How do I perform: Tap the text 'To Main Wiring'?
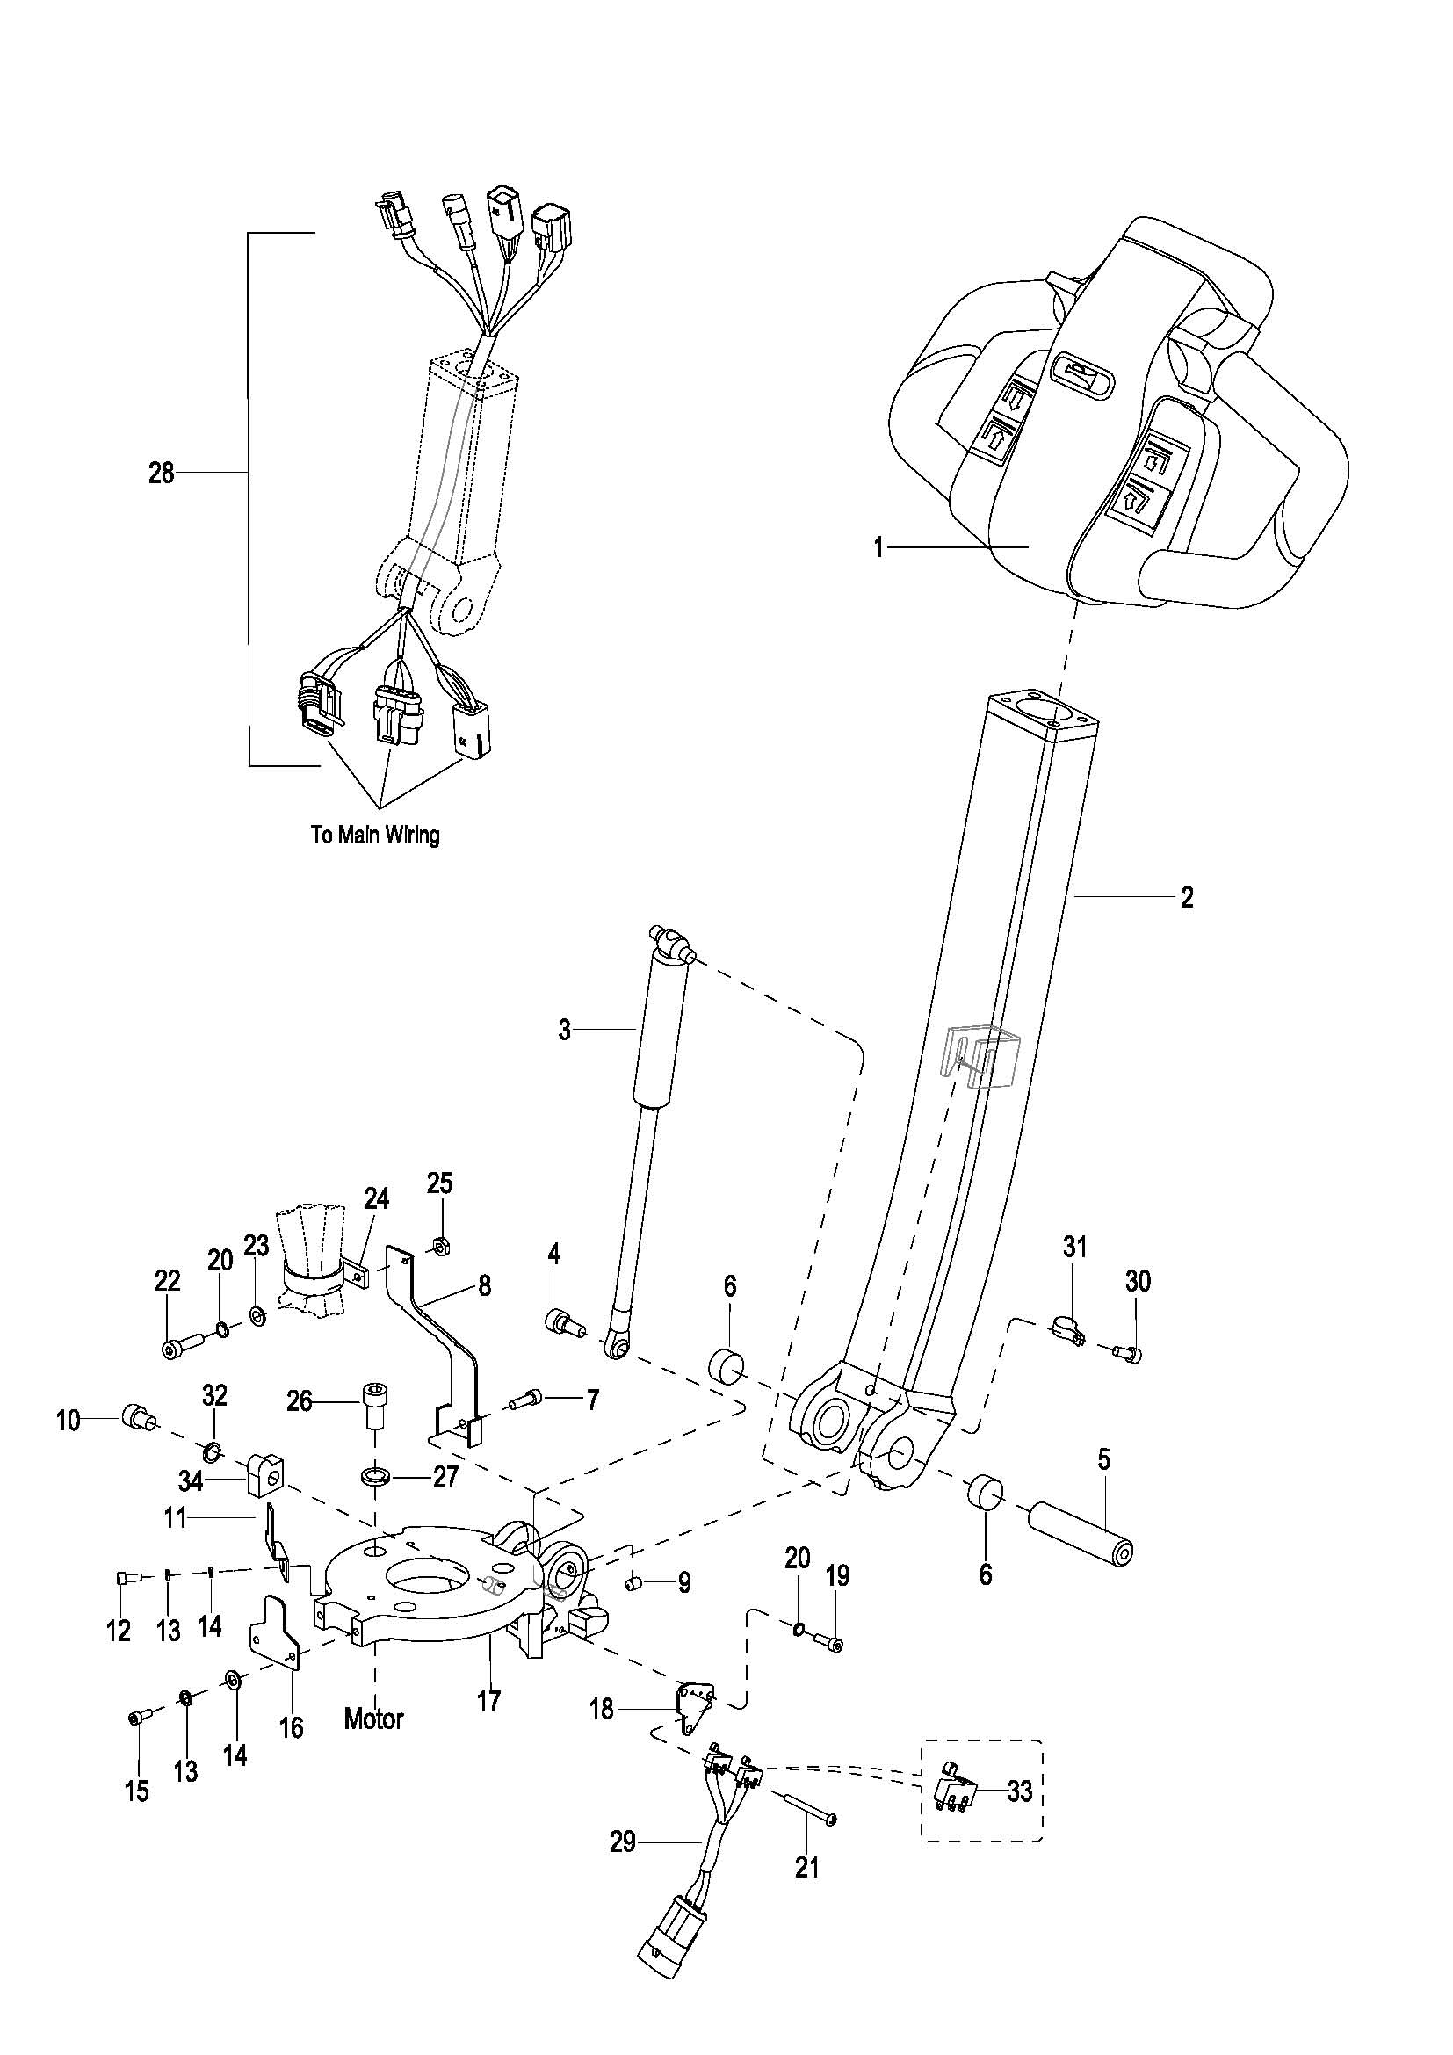[376, 835]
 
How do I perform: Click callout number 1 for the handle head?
[878, 546]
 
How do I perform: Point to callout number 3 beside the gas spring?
[565, 1031]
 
